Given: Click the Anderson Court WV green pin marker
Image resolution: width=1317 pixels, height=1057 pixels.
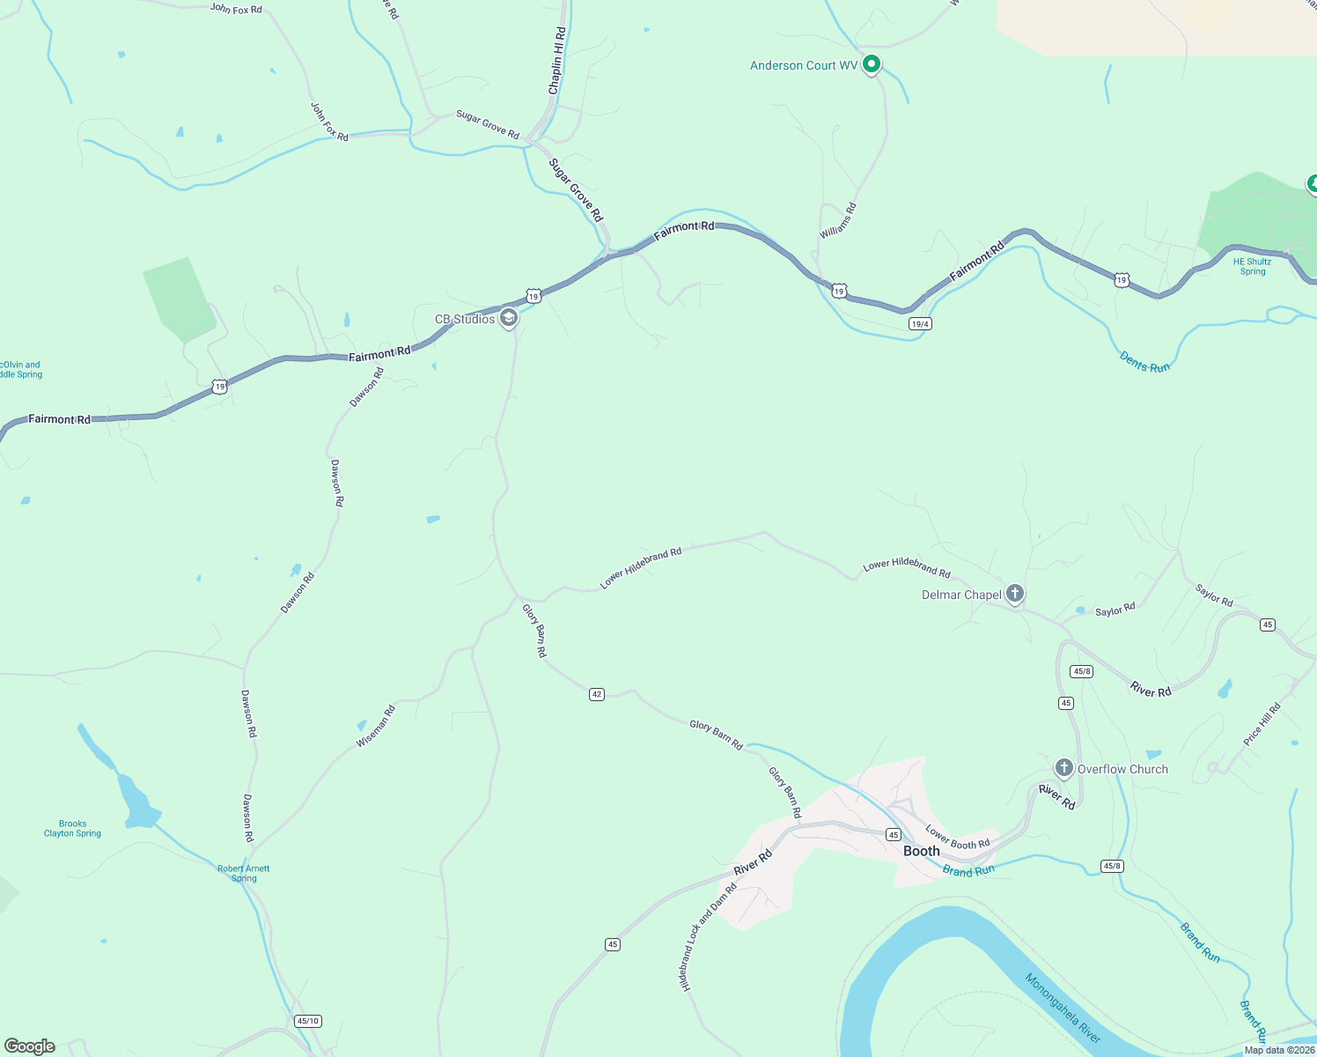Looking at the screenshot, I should click(872, 64).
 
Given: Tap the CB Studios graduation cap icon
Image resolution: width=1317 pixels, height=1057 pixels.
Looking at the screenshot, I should click(508, 318).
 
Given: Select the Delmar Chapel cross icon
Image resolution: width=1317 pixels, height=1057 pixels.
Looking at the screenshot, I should click(1014, 594).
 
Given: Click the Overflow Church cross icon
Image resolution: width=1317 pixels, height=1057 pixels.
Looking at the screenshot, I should click(1063, 768).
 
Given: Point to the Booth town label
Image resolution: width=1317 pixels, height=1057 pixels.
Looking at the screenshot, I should click(922, 851).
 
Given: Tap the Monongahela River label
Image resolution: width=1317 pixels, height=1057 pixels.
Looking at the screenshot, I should click(1063, 1009).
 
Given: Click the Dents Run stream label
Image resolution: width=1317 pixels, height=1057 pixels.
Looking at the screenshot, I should click(1144, 362).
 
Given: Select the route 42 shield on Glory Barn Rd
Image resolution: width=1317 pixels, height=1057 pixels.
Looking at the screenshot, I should click(597, 694).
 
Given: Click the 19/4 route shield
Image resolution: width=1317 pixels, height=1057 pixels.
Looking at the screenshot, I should click(920, 324).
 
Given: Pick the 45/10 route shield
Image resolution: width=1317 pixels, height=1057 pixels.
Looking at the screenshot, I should click(308, 1021).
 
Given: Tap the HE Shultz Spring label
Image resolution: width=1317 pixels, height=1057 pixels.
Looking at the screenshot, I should click(1252, 266).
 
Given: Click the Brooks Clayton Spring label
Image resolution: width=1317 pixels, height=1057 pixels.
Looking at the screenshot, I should click(72, 829).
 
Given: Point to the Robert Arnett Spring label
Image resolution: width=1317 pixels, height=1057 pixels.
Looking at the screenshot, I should click(244, 873).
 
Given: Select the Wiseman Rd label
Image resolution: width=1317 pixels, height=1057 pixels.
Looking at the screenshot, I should click(376, 727).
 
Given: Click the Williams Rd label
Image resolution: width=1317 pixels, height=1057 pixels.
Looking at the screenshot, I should click(838, 220).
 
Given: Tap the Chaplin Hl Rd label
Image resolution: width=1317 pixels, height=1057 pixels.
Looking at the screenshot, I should click(557, 61).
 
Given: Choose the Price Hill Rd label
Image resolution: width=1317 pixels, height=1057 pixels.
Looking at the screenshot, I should click(1262, 724).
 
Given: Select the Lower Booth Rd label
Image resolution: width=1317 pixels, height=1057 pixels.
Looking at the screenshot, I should click(957, 838).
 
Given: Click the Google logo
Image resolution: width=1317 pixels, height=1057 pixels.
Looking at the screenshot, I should click(30, 1046).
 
